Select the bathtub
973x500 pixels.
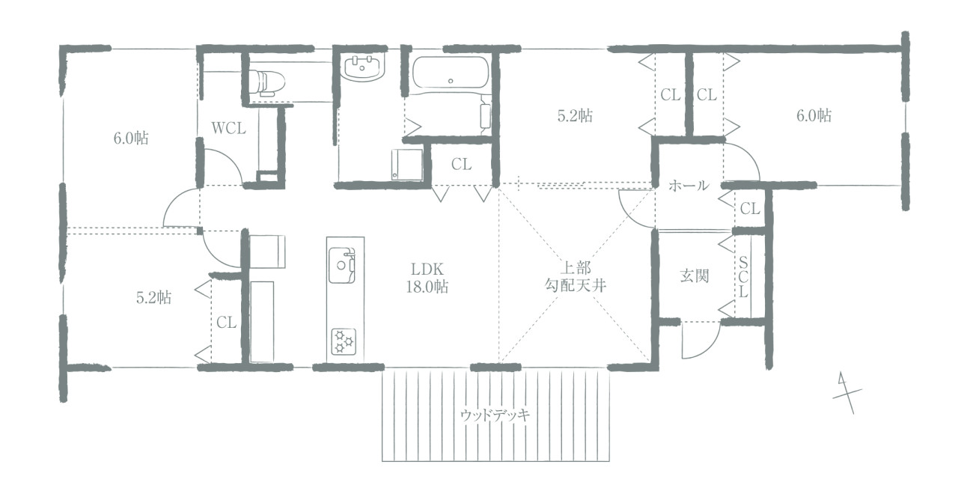pos(451,74)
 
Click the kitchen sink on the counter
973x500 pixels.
pos(342,264)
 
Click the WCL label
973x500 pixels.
pos(228,128)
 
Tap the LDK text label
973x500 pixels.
pos(427,269)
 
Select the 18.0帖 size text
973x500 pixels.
pos(427,287)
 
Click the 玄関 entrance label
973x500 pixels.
pos(695,276)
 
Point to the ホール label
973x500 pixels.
pos(689,186)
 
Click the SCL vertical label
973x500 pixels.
pos(743,277)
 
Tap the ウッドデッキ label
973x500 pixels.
pos(495,415)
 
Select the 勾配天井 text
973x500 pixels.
pos(576,286)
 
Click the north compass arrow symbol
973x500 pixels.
pos(847,393)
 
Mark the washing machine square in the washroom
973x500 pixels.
pos(407,164)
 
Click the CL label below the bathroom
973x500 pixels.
pos(461,164)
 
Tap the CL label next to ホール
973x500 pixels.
pos(750,209)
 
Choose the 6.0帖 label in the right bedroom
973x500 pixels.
pos(814,115)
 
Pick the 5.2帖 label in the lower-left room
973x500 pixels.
pos(153,298)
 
